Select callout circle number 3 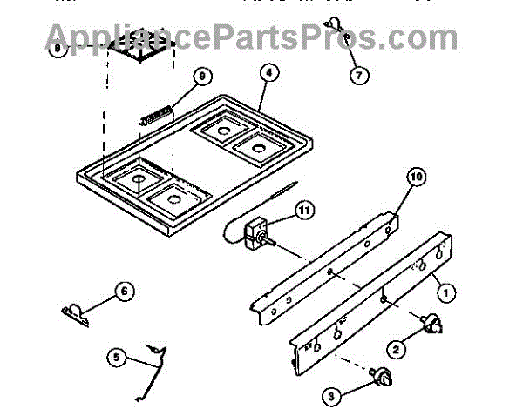tap(330, 396)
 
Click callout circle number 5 tap(117, 356)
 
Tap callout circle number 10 tap(416, 177)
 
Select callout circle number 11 tap(303, 211)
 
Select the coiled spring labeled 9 tap(155, 114)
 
